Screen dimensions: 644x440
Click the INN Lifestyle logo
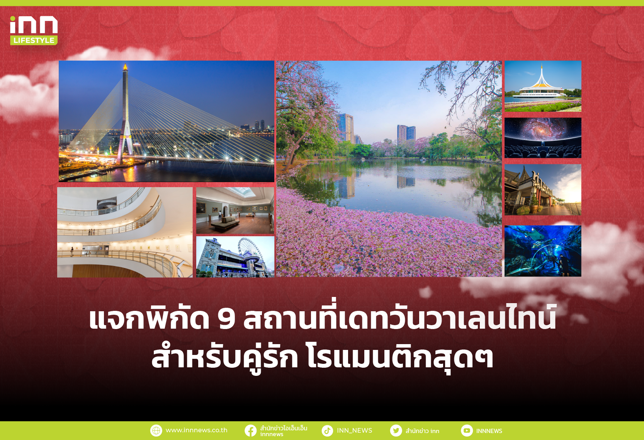[x=34, y=31]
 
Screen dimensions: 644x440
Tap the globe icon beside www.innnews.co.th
[x=156, y=430]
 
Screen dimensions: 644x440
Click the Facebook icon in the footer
[x=250, y=430]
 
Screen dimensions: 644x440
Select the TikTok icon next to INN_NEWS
[x=327, y=430]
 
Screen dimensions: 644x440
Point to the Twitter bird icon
[x=396, y=430]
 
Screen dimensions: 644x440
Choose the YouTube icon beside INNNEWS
[x=467, y=430]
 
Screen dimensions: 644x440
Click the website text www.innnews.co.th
[x=196, y=430]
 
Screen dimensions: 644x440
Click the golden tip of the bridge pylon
[x=125, y=67]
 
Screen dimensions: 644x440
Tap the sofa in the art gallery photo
[x=225, y=222]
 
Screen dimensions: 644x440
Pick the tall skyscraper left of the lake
[x=346, y=128]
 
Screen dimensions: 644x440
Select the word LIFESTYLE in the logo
[x=34, y=40]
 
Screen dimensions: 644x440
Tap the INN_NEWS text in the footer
[x=355, y=430]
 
